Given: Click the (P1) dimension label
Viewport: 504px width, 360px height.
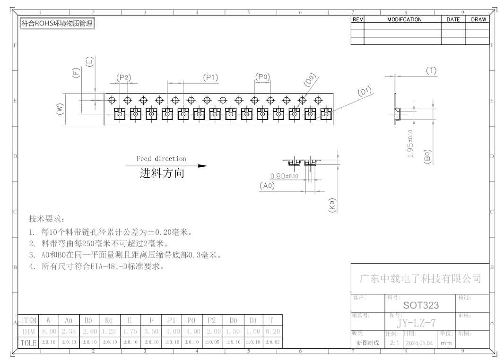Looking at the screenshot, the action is [x=210, y=77].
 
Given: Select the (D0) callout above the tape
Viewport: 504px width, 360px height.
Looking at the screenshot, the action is [x=310, y=80].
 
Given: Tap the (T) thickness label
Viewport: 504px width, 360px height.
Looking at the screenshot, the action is [x=431, y=71].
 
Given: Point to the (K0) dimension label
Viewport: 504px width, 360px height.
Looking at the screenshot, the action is [x=332, y=205].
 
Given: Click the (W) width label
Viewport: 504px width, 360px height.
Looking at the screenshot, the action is [x=60, y=109].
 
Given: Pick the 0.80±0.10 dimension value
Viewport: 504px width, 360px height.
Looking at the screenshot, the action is [x=284, y=176].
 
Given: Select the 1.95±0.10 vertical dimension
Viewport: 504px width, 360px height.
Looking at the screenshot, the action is [x=410, y=144].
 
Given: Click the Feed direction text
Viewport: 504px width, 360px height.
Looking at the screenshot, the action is [x=161, y=158].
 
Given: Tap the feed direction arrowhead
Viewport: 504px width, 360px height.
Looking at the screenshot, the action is [x=203, y=166].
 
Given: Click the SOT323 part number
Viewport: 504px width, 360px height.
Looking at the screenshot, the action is [x=421, y=305].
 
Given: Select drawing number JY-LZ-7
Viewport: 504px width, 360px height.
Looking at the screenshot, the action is [x=416, y=322].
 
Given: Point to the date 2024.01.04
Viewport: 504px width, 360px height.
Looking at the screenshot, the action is [x=419, y=343].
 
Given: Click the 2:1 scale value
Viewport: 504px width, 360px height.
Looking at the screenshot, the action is [x=394, y=343].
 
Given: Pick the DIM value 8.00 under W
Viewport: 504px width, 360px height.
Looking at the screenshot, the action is [x=49, y=331].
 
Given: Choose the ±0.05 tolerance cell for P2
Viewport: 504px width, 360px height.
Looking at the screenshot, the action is [x=212, y=343].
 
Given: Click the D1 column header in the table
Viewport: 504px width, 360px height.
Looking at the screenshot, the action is [x=253, y=320].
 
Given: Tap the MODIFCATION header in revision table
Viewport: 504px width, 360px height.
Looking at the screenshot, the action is [x=404, y=19].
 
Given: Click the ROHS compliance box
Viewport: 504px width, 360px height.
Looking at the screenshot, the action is [x=57, y=24].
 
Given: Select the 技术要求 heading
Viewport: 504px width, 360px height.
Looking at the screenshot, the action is [x=47, y=219].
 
